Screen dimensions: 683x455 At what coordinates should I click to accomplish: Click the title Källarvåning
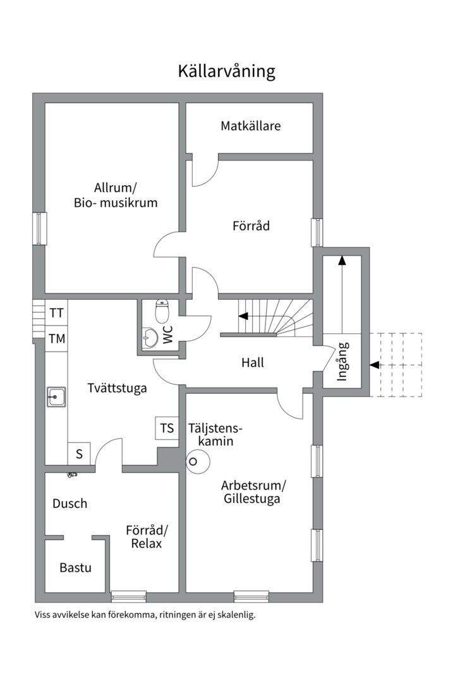[x=226, y=71]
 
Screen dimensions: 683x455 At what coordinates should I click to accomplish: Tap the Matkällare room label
[x=250, y=126]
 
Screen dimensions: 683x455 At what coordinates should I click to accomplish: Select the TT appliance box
[x=57, y=313]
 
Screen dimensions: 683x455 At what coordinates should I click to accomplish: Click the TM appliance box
[x=57, y=338]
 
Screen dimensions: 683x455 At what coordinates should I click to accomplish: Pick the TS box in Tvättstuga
[x=167, y=429]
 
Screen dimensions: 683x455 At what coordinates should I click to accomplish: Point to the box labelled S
[x=80, y=453]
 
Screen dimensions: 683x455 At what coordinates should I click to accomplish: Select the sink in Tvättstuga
[x=56, y=397]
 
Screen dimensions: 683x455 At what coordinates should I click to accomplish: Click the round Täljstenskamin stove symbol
[x=195, y=462]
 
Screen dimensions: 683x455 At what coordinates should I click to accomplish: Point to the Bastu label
[x=76, y=567]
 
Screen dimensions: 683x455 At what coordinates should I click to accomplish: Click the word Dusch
[x=70, y=504]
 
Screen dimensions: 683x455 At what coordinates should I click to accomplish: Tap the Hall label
[x=253, y=363]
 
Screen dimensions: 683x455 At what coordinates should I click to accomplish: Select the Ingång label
[x=342, y=362]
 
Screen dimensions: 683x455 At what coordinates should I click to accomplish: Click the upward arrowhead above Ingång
[x=342, y=259]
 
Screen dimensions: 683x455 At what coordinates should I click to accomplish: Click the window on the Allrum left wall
[x=39, y=228]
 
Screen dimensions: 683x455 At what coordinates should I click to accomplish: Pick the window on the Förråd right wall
[x=317, y=232]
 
